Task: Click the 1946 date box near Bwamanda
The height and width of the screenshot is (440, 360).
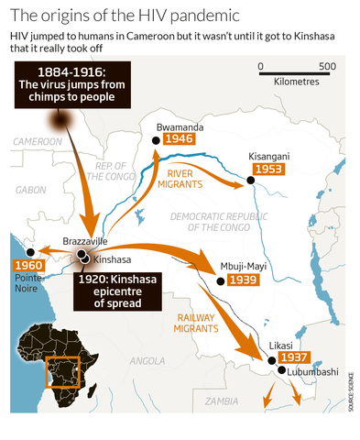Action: click(x=178, y=140)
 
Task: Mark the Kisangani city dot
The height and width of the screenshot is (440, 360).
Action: click(x=250, y=182)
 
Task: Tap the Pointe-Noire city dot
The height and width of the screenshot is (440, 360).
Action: click(x=31, y=251)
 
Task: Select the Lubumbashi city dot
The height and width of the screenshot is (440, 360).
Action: click(x=280, y=371)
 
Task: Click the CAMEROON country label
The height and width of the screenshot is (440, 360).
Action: click(x=37, y=142)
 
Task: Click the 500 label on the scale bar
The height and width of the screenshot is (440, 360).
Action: click(x=327, y=67)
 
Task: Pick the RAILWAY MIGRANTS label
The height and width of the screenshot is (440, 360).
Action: click(x=203, y=322)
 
